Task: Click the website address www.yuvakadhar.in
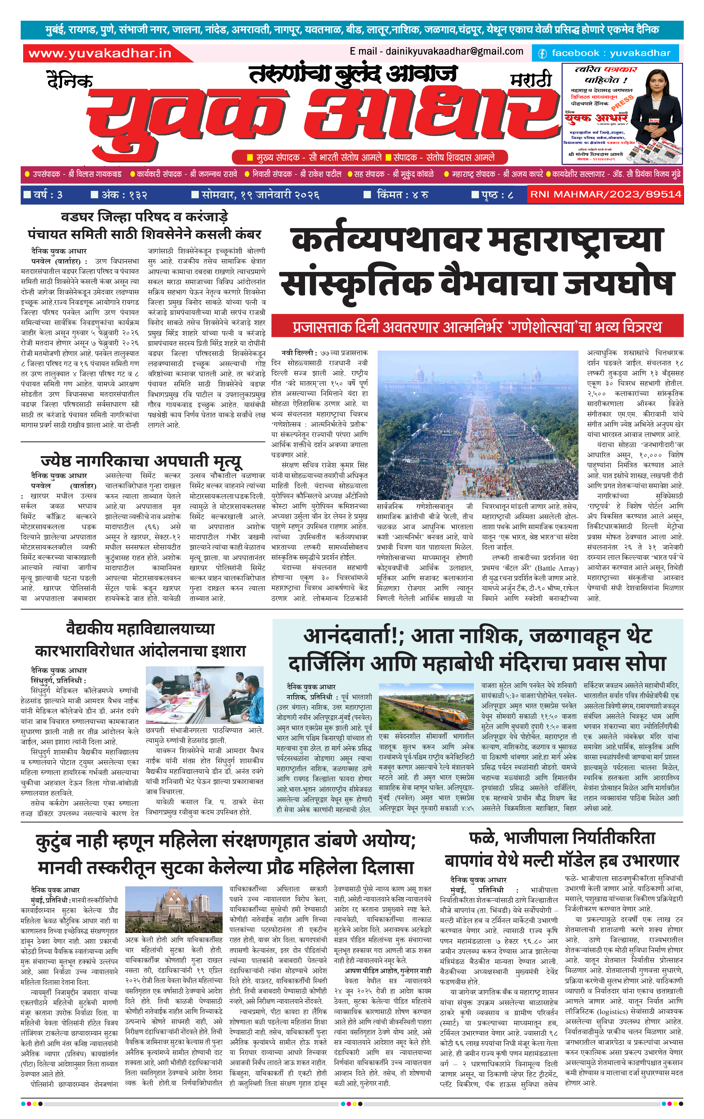click(x=100, y=53)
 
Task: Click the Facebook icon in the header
click(x=542, y=53)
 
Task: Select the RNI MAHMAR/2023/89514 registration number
click(x=605, y=194)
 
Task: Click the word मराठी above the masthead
click(x=531, y=80)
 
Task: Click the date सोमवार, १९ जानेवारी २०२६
click(x=260, y=195)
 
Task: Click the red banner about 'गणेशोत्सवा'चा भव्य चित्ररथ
click(x=477, y=327)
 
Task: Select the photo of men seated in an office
click(x=204, y=694)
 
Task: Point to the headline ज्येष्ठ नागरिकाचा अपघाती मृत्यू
click(x=141, y=461)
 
